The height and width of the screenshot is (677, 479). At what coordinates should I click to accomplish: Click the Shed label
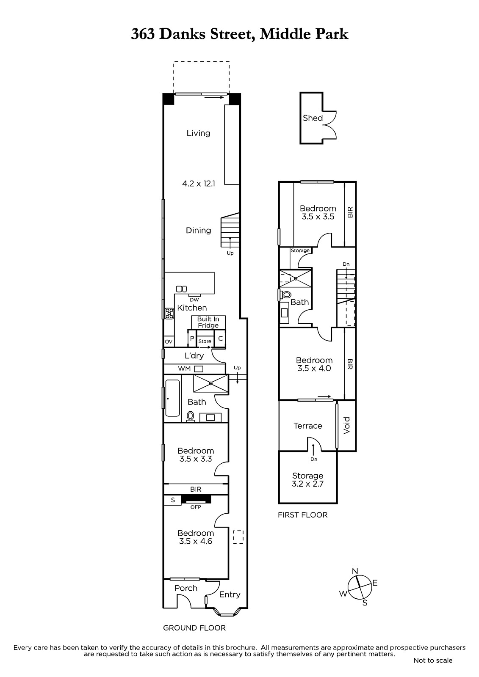pyautogui.click(x=313, y=118)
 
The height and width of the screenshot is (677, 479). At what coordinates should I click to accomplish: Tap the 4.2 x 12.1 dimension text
pyautogui.click(x=199, y=184)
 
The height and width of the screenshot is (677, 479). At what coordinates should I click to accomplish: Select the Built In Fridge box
pyautogui.click(x=208, y=322)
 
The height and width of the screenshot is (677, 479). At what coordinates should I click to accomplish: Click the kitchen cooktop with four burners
pyautogui.click(x=169, y=313)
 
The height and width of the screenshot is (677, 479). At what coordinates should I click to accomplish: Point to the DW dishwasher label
pyautogui.click(x=194, y=300)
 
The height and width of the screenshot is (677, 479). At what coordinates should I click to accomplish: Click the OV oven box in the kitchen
pyautogui.click(x=169, y=341)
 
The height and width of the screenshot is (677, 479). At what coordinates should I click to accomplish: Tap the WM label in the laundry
pyautogui.click(x=184, y=369)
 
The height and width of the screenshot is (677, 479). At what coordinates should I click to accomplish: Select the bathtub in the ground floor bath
pyautogui.click(x=172, y=398)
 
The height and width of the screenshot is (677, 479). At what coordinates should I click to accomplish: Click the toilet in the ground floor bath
pyautogui.click(x=190, y=416)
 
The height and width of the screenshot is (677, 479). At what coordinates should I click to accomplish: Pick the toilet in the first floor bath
pyautogui.click(x=286, y=294)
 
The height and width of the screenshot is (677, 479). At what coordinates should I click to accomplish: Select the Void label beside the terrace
pyautogui.click(x=346, y=426)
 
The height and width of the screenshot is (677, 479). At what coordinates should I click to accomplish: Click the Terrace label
pyautogui.click(x=308, y=426)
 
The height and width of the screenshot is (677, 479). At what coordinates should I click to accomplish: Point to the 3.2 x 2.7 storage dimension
pyautogui.click(x=307, y=484)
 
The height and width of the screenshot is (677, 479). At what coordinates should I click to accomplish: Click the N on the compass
pyautogui.click(x=355, y=571)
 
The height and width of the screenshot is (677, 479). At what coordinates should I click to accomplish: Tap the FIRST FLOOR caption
pyautogui.click(x=302, y=515)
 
